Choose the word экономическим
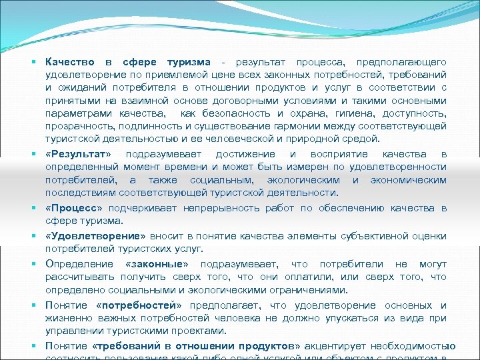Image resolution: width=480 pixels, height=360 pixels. click(409, 180)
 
